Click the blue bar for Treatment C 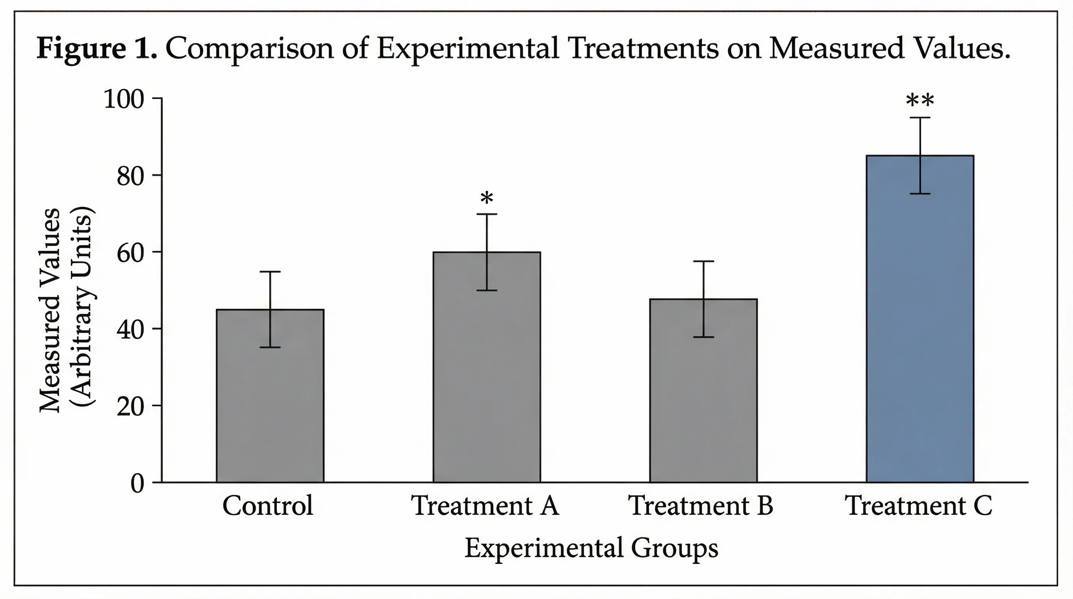click(920, 333)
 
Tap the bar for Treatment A click(487, 375)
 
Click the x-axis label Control click(267, 506)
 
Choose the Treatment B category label click(700, 506)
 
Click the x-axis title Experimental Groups click(591, 548)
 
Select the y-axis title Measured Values click(50, 310)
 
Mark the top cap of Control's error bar click(270, 271)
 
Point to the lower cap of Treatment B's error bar click(703, 337)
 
